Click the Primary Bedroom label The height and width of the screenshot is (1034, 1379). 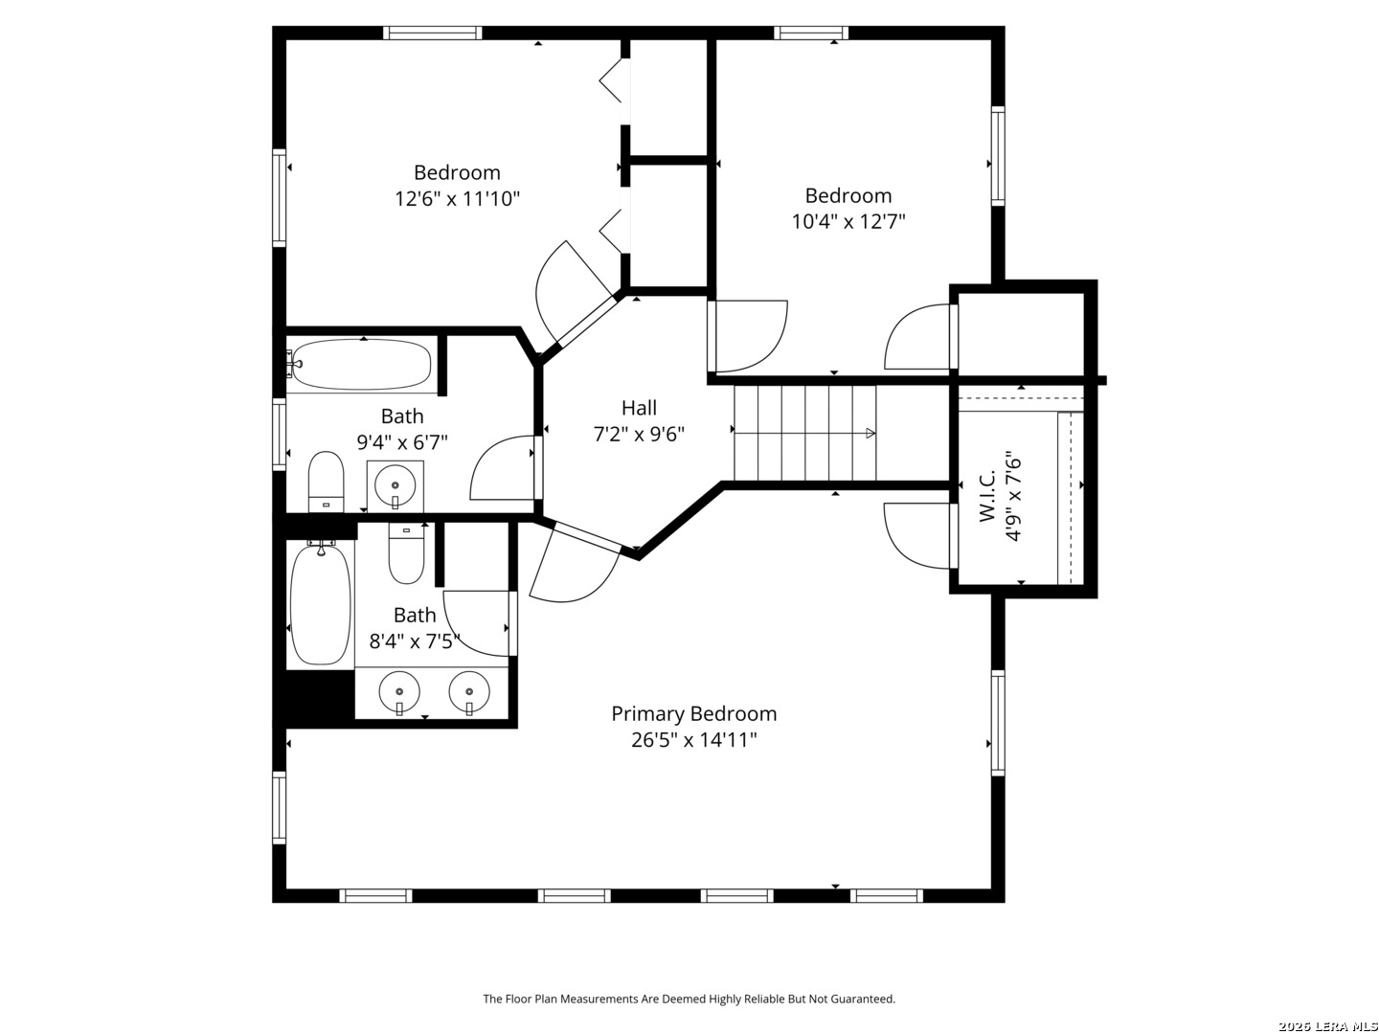(x=693, y=714)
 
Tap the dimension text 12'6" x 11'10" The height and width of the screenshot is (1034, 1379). (x=457, y=199)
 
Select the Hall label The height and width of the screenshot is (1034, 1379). (x=639, y=408)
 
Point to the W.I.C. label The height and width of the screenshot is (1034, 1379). (x=987, y=495)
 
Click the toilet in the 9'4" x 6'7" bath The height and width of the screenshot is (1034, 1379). (x=326, y=482)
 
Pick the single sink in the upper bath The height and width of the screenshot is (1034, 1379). (x=396, y=486)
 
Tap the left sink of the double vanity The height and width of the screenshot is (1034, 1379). (x=399, y=692)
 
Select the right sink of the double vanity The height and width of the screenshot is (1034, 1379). (x=469, y=692)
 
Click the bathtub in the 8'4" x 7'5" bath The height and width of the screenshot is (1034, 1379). (x=321, y=604)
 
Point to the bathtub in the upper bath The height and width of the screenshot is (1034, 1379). (x=362, y=364)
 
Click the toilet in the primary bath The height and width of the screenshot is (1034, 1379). (x=406, y=554)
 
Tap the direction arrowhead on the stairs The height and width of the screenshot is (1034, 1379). (x=870, y=433)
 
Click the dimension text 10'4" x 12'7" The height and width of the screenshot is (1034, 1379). (x=848, y=221)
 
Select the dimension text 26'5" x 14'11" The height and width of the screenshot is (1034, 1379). (x=693, y=740)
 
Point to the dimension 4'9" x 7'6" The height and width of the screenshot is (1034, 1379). (x=1013, y=495)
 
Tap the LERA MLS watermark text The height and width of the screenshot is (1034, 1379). (x=1327, y=1025)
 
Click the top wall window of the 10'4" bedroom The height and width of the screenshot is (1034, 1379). (x=810, y=33)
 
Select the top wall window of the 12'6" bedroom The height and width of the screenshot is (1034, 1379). (x=432, y=33)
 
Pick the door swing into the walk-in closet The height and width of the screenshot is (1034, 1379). (x=917, y=535)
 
